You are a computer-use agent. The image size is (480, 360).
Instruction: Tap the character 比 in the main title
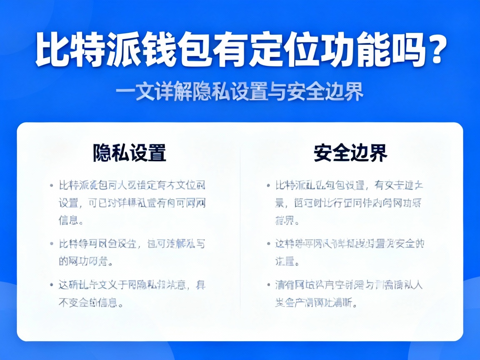tap(52, 51)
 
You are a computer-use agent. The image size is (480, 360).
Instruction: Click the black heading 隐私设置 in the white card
tap(130, 153)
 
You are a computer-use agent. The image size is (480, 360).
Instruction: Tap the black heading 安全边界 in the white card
tap(350, 153)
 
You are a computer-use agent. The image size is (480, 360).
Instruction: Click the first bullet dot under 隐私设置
tap(51, 185)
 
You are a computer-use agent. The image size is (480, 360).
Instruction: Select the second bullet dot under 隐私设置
tap(51, 243)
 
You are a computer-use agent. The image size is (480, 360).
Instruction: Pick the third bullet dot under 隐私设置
tap(51, 285)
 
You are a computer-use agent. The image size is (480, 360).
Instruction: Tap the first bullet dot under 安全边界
tap(267, 185)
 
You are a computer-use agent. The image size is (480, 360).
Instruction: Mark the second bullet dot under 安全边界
tap(267, 243)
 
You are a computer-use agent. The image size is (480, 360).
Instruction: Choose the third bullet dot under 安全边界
tap(267, 285)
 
